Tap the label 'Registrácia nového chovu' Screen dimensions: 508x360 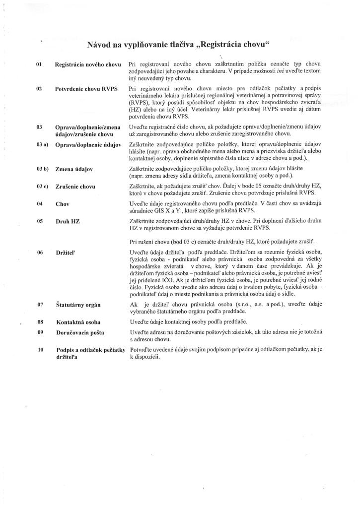88,64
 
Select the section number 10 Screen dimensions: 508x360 41,350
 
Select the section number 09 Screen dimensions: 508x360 40,332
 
